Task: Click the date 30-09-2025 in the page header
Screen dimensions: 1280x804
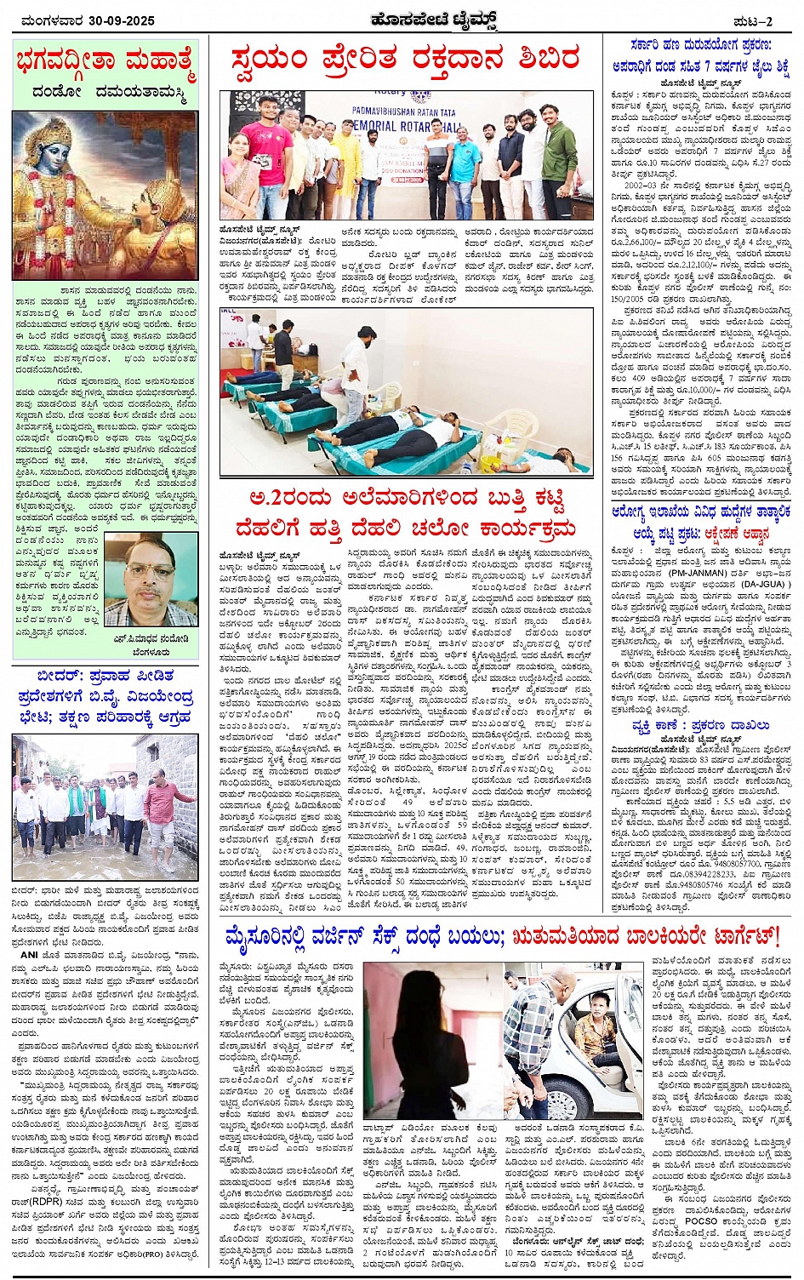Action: click(119, 20)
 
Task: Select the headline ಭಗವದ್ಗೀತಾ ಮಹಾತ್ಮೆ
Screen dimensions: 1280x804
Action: click(105, 62)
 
